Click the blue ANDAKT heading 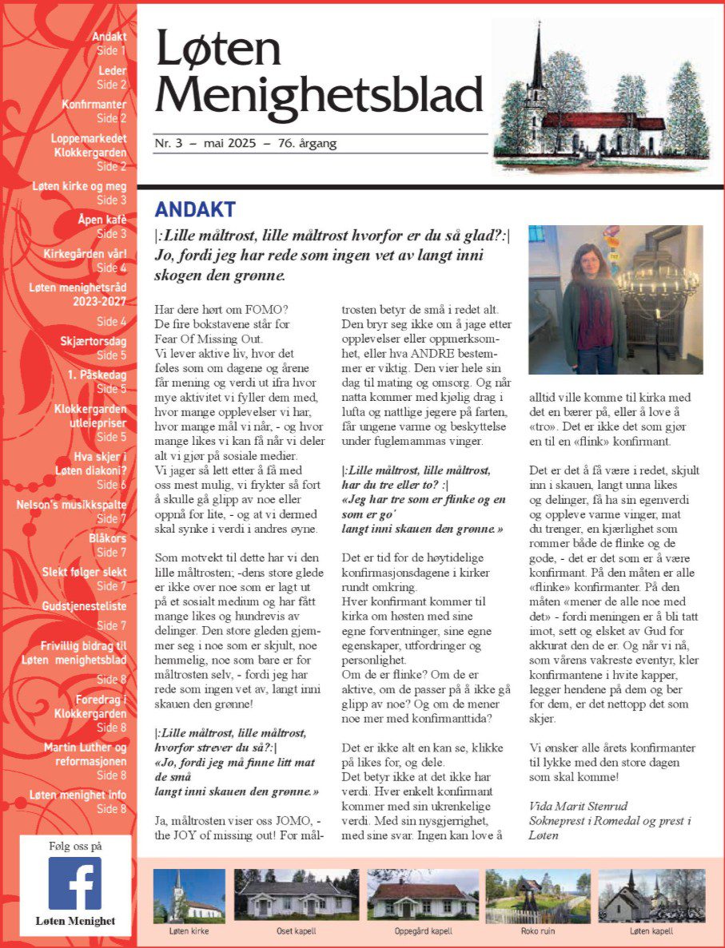tap(195, 210)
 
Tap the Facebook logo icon tap(74, 883)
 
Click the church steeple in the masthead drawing tap(539, 64)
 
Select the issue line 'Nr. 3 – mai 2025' tap(205, 144)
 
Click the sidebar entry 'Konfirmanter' tap(94, 104)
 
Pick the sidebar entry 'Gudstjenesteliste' tap(84, 607)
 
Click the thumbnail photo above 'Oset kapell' tap(295, 895)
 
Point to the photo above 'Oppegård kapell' tap(423, 895)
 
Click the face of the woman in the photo tap(585, 260)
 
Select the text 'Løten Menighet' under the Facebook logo tap(75, 921)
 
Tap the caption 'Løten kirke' tap(189, 931)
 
